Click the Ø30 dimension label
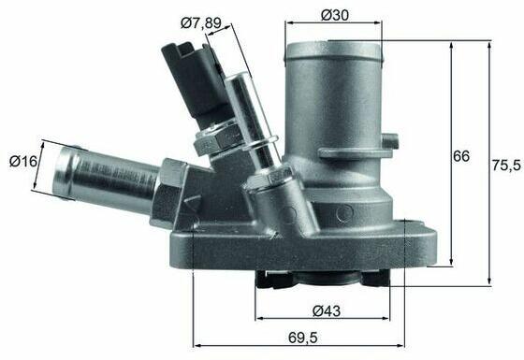335,15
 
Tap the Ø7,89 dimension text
201,23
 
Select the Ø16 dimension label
23,162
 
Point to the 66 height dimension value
461,156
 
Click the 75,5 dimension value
506,165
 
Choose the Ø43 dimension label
327,310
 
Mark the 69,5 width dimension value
303,338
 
